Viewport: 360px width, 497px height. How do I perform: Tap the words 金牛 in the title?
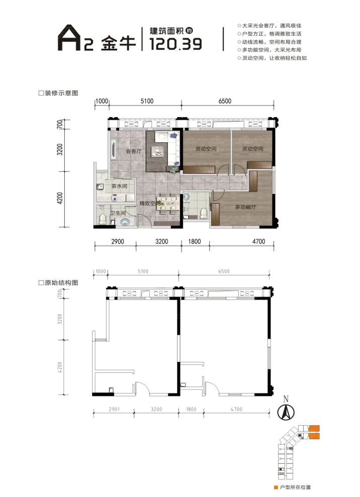tap(119, 43)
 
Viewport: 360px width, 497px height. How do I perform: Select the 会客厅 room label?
tap(133, 151)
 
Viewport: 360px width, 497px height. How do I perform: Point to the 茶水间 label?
tap(119, 186)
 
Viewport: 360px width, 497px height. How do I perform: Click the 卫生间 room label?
tap(118, 214)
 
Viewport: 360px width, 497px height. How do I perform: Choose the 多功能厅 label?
tap(246, 207)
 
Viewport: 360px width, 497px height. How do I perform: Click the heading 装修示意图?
tap(61, 93)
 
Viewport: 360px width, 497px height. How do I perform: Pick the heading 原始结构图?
tap(61, 282)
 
